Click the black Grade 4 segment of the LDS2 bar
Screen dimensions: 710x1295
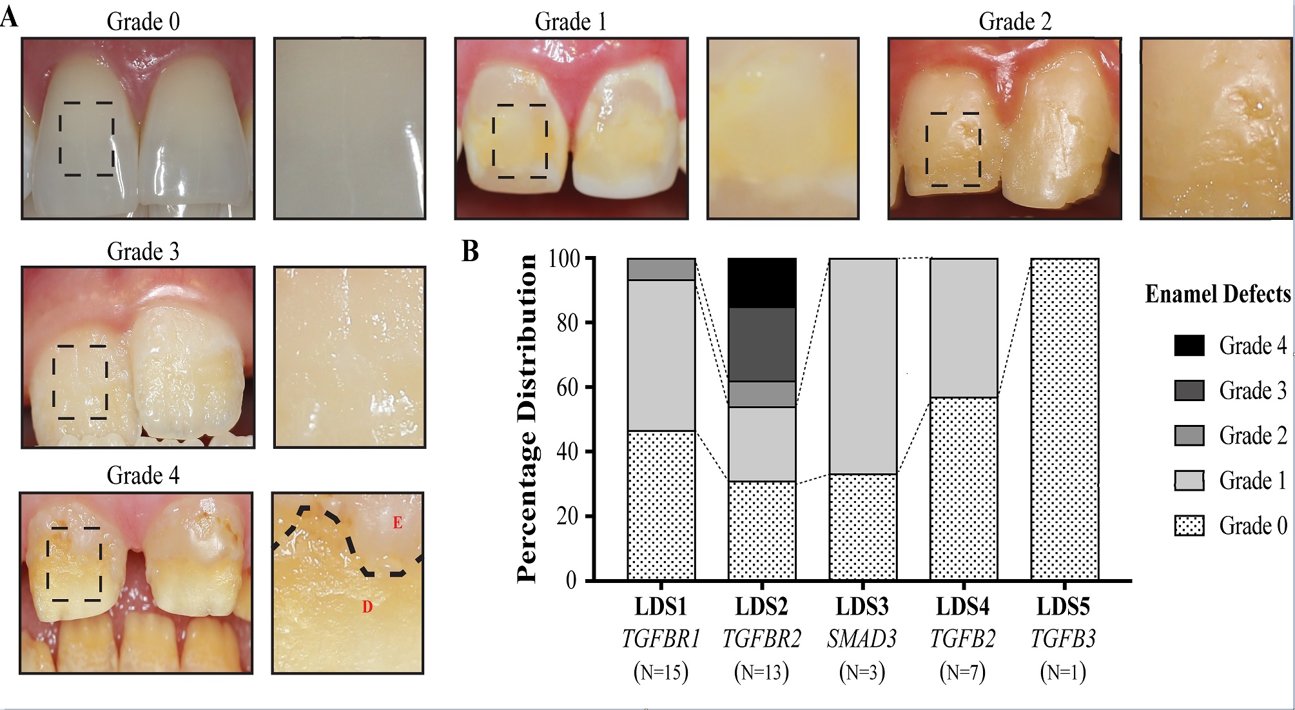[x=762, y=283]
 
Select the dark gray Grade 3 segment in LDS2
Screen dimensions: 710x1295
[x=762, y=344]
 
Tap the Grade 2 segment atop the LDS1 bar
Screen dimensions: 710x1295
[x=661, y=269]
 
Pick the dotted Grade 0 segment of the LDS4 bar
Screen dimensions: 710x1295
[x=964, y=488]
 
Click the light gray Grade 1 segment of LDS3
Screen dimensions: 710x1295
[x=862, y=366]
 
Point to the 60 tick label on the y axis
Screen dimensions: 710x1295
[x=567, y=387]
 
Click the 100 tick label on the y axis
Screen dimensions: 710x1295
[x=564, y=259]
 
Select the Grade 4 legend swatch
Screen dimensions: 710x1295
[x=1189, y=346]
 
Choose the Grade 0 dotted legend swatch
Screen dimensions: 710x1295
[x=1189, y=526]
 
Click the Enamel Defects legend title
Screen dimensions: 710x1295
[x=1218, y=294]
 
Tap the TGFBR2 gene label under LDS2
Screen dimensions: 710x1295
[x=762, y=639]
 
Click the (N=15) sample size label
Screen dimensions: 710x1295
[x=661, y=672]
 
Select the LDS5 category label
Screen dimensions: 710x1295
[x=1064, y=607]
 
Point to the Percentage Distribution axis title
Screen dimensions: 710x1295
[x=527, y=419]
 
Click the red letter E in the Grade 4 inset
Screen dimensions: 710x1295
[x=398, y=523]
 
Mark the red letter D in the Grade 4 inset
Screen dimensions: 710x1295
[x=367, y=607]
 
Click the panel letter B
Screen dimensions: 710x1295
[x=471, y=251]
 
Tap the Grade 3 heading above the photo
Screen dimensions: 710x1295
[x=143, y=251]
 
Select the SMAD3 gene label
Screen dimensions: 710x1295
[x=862, y=639]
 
